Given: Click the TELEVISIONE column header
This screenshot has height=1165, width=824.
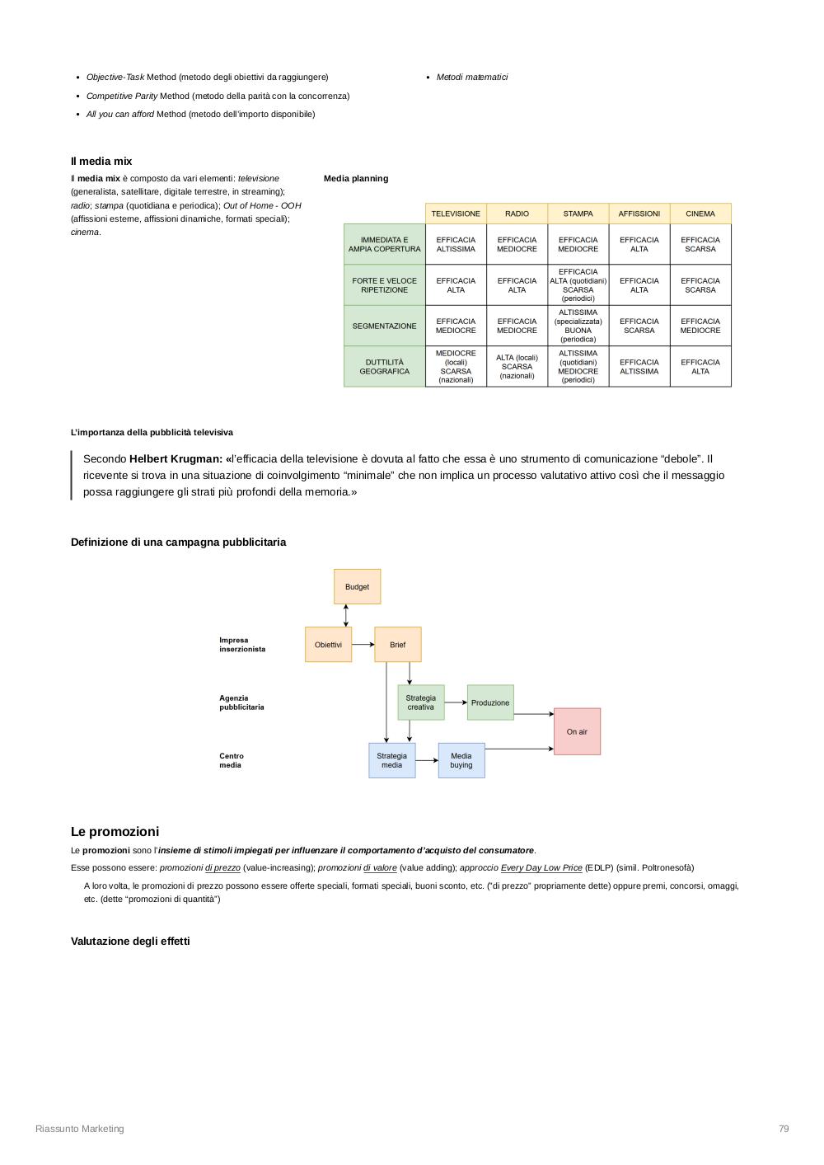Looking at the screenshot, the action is point(456,214).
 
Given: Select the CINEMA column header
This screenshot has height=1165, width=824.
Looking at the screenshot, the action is point(700,214).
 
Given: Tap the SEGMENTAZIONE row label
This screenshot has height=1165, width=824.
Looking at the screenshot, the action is point(384,326).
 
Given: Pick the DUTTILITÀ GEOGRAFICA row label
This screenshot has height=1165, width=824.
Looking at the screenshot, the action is point(384,367).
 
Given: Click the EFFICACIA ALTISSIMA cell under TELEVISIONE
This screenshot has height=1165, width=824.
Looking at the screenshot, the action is point(456,244).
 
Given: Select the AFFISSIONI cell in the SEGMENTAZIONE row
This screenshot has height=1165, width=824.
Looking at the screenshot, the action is point(639,326).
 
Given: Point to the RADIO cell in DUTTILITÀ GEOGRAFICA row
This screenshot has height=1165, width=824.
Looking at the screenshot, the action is point(517,367).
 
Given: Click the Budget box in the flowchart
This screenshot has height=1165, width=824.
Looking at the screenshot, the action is point(357,587).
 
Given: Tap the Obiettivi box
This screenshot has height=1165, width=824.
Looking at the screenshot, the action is point(328,645).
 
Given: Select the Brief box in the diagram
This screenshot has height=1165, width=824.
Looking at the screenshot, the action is point(398,645).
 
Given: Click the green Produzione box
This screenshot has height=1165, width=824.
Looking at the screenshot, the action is point(490,702).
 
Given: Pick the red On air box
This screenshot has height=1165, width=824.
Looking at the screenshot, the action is point(577,731).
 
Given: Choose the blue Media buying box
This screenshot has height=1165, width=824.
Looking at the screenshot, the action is point(461,760).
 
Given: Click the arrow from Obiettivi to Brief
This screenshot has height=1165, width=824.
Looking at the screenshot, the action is point(363,645).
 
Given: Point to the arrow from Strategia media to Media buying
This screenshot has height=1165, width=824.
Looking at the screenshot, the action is point(427,760).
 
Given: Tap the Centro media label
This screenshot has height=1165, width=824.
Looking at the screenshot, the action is point(232,760).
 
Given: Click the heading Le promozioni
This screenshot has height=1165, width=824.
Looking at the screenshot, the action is point(115,832).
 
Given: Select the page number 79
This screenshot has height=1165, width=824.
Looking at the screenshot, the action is point(784,1129).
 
